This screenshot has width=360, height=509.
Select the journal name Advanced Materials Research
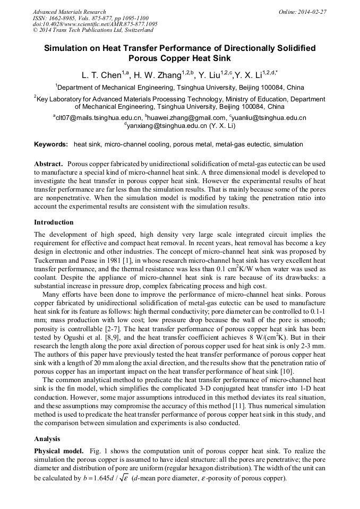coord(69,11)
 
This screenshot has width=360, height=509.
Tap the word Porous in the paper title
coord(147,58)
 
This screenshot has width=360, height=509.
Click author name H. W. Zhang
coord(151,75)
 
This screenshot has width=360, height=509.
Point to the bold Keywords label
coord(51,144)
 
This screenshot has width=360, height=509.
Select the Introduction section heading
coord(54,222)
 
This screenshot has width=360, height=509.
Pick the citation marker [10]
coord(285,372)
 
